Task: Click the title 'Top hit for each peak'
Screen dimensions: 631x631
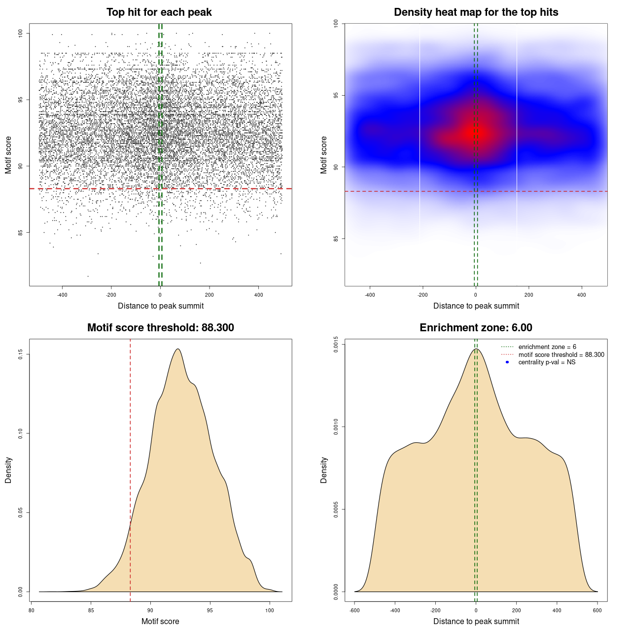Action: (x=159, y=12)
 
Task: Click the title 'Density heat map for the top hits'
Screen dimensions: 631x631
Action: (x=476, y=12)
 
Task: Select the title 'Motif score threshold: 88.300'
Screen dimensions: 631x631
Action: (x=161, y=328)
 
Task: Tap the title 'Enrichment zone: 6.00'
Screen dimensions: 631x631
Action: (x=476, y=328)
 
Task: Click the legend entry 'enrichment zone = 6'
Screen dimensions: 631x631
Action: (x=547, y=347)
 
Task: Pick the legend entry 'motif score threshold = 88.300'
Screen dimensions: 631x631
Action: (x=561, y=354)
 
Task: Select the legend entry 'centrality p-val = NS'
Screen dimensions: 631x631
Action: (x=547, y=362)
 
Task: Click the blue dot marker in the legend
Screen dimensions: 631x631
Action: (x=507, y=362)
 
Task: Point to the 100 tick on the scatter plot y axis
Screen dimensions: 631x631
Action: (x=21, y=33)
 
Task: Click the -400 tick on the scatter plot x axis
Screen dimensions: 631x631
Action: (x=62, y=295)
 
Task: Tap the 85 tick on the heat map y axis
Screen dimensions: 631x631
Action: (x=336, y=239)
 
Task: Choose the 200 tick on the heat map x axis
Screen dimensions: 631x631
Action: (x=529, y=295)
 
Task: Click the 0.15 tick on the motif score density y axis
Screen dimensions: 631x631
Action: (x=21, y=354)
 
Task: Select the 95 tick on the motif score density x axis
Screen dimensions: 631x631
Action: (x=210, y=610)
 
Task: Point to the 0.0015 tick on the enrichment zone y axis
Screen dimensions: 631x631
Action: (x=336, y=345)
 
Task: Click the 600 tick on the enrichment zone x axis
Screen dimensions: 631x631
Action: (x=597, y=610)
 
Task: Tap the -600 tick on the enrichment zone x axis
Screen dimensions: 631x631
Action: (x=354, y=610)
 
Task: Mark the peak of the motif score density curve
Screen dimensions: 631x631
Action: (x=177, y=349)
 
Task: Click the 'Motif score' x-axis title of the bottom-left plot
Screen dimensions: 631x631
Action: (x=160, y=621)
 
